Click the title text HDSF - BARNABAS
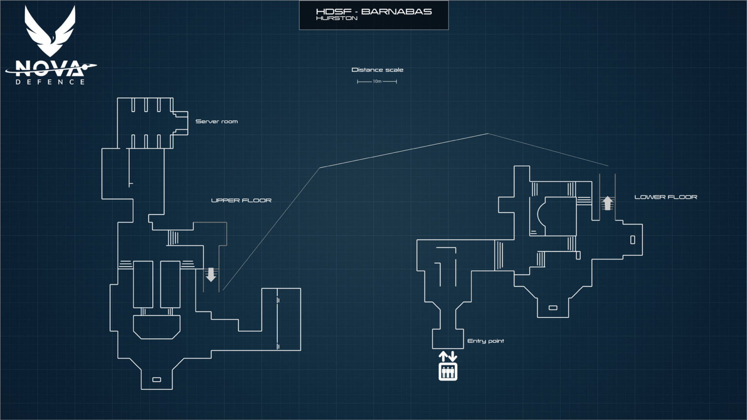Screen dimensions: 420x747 373,11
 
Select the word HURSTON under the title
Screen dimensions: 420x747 337,18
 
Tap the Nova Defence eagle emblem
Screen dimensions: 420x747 50,32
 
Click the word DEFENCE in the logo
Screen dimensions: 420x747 50,82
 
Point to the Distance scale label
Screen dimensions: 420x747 377,70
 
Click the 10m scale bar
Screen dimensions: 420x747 377,82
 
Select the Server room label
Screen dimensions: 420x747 216,122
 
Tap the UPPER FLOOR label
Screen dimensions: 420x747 241,200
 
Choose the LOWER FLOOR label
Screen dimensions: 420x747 665,197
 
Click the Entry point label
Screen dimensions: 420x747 485,341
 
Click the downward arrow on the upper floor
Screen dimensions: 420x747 211,275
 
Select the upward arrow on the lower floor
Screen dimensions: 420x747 607,203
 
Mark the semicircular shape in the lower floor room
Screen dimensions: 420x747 541,216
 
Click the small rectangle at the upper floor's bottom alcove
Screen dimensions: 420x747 157,380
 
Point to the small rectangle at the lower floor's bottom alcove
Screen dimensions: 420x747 552,308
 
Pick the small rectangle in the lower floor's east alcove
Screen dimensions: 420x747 632,240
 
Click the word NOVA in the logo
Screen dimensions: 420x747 49,68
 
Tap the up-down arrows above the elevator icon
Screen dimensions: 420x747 448,356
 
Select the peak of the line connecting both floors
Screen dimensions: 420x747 488,133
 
